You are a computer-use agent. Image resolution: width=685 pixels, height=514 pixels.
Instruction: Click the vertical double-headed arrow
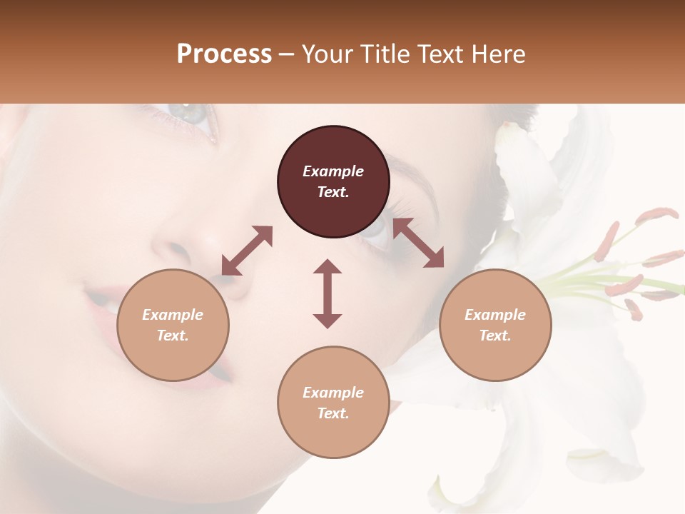click(328, 293)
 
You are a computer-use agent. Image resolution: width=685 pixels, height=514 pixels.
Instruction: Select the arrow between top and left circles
click(247, 250)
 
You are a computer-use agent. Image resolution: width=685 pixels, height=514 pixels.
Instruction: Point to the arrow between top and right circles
click(418, 243)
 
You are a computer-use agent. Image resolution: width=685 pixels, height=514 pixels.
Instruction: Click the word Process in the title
click(224, 54)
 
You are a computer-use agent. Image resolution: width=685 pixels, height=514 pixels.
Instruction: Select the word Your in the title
click(327, 54)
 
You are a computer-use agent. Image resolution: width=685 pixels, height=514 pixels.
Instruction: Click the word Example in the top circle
click(333, 171)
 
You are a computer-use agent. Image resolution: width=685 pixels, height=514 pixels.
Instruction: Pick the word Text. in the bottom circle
click(333, 413)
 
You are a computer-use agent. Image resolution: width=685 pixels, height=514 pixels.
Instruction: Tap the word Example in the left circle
click(173, 315)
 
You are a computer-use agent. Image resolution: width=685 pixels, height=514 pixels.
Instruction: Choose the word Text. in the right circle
click(495, 336)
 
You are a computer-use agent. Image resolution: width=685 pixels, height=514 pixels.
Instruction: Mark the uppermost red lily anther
click(656, 213)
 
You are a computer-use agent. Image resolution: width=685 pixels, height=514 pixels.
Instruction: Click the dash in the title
click(287, 54)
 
